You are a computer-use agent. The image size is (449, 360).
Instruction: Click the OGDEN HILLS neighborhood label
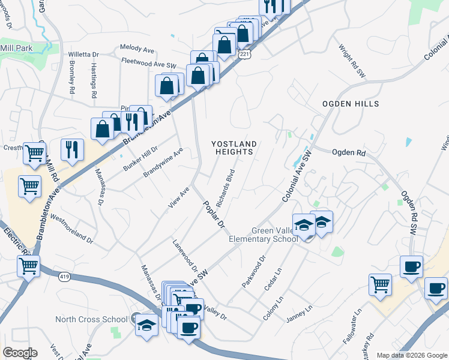coord(351,104)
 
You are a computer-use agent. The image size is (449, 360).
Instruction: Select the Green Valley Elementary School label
coord(263,235)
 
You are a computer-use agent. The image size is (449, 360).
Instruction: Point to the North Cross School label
coord(91,319)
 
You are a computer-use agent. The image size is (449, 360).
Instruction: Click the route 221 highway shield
coord(244,55)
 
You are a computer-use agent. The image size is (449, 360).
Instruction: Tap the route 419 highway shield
coord(65,277)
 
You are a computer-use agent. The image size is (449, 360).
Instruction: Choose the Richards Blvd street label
coord(225,188)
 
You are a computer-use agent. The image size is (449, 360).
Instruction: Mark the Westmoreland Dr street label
coord(71,228)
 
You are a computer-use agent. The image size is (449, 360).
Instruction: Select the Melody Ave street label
coord(137,47)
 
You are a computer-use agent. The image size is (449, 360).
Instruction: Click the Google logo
coord(20,353)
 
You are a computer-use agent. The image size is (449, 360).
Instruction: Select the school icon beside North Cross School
coord(145,325)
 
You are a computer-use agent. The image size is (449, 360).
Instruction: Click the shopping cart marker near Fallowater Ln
coord(380,285)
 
